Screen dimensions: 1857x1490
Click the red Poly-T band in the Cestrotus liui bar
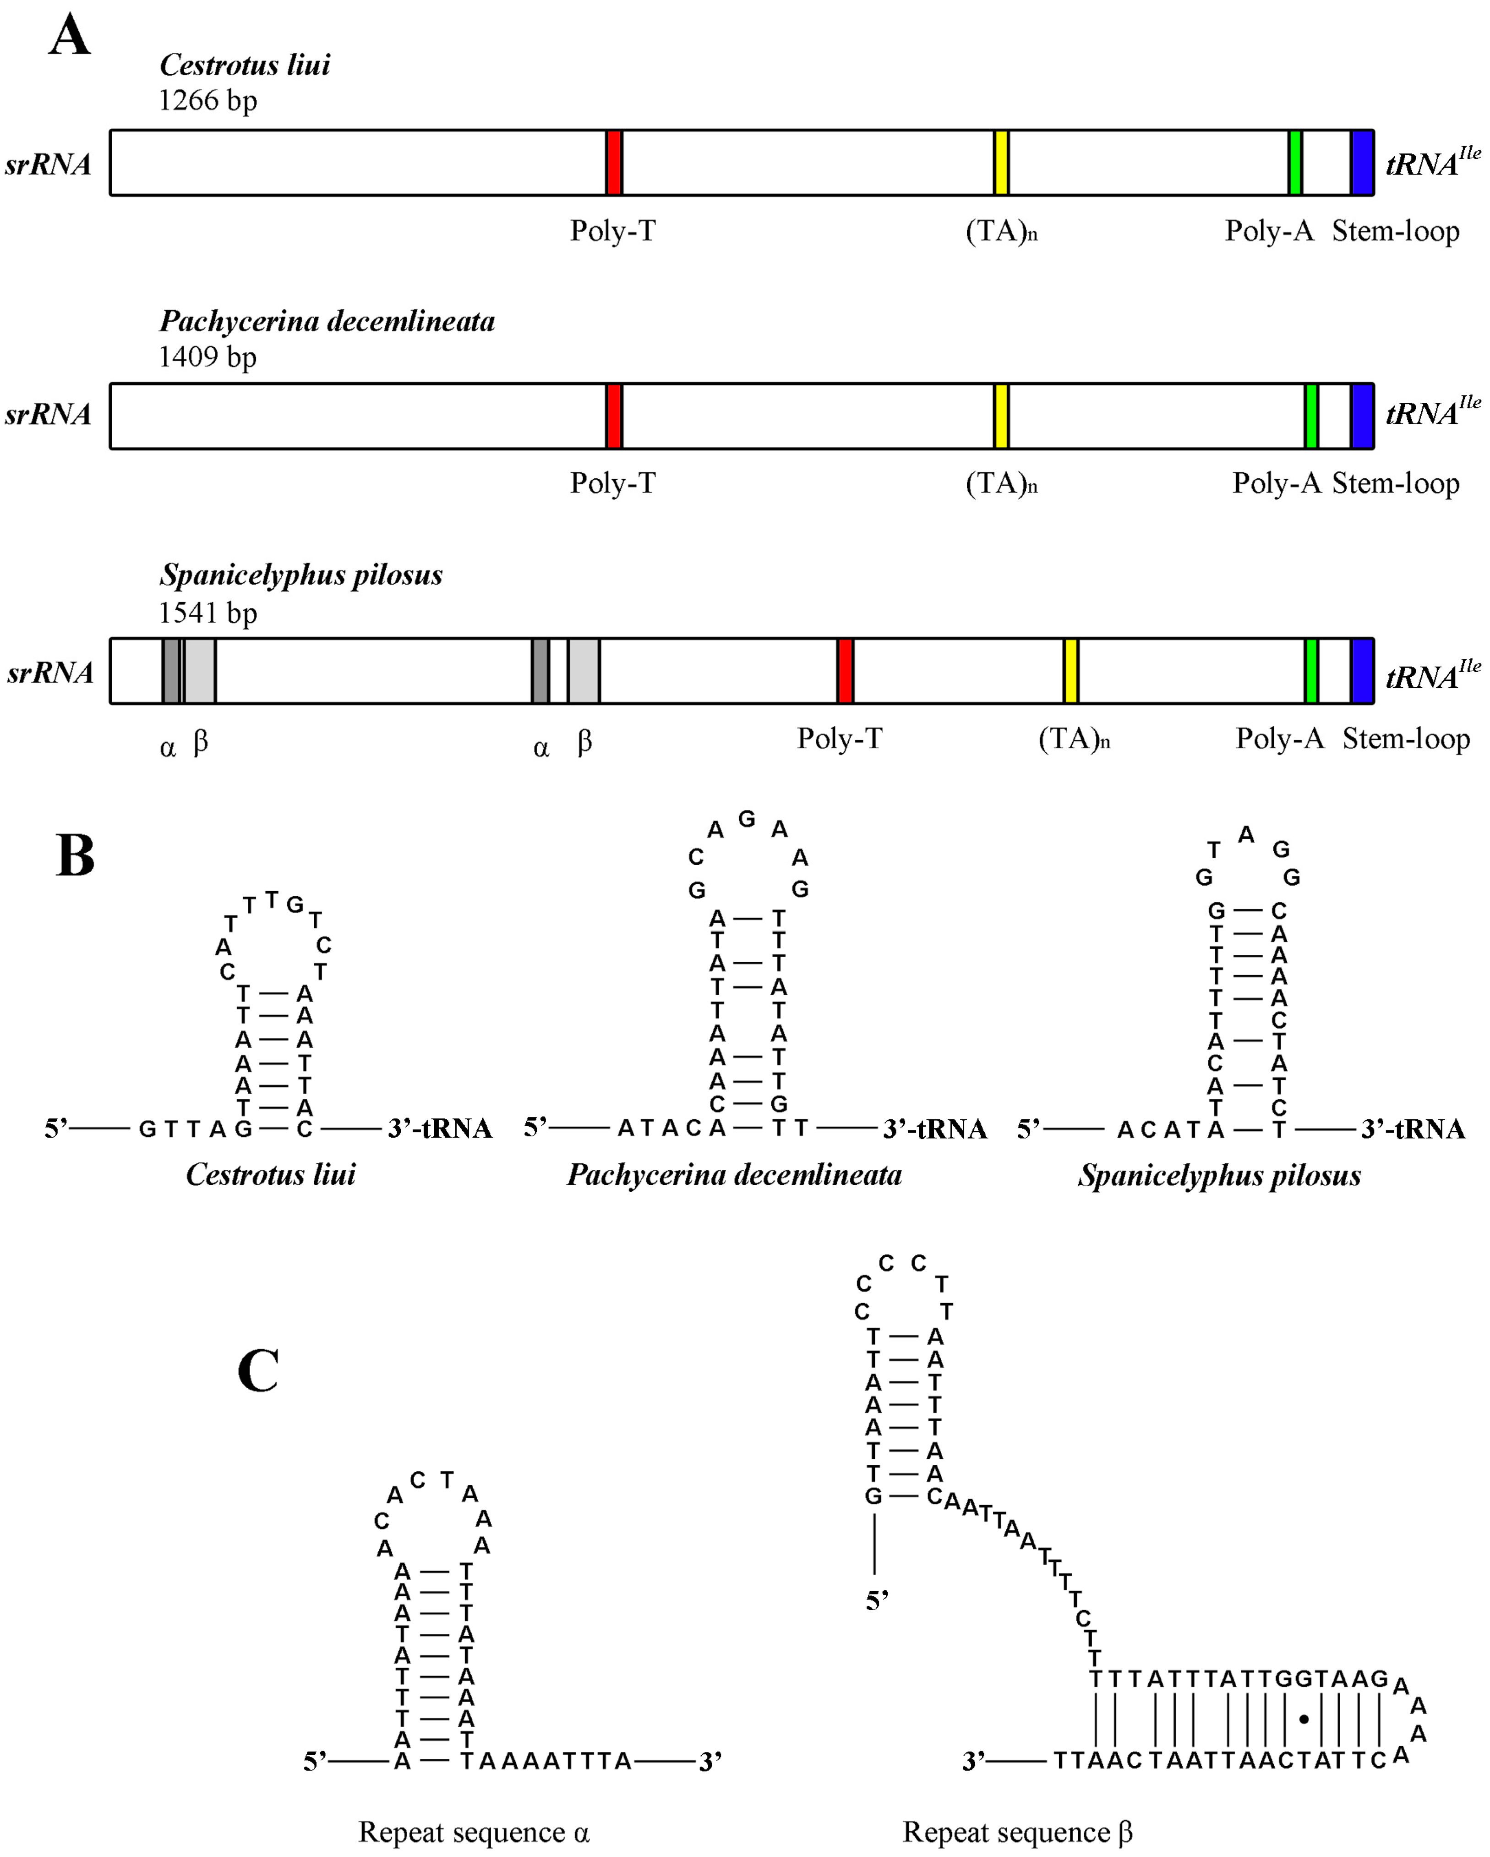click(x=614, y=163)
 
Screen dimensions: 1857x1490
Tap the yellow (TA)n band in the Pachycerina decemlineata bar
click(x=1001, y=416)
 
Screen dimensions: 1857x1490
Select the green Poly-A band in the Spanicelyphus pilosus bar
click(x=1311, y=671)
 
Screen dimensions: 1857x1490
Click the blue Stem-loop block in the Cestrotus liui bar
click(x=1362, y=163)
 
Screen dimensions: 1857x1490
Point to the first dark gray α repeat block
click(x=170, y=671)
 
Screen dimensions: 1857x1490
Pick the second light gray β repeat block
click(x=583, y=671)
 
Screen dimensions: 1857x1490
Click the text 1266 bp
click(x=207, y=101)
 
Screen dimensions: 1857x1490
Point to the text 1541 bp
click(x=207, y=613)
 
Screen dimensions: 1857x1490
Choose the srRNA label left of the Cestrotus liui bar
click(x=48, y=164)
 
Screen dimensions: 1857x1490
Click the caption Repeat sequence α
click(x=474, y=1831)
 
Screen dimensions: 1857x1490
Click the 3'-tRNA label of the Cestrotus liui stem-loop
click(x=439, y=1128)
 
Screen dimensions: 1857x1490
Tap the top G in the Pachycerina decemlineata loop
click(x=747, y=819)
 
